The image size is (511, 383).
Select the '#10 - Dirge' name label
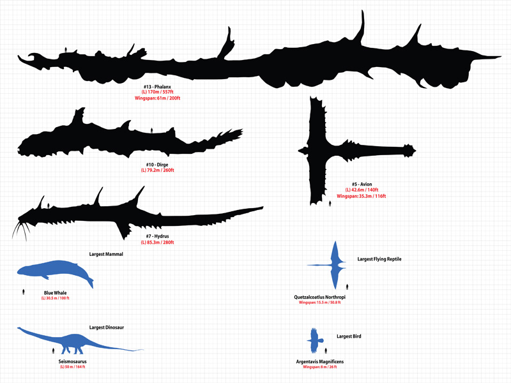[157, 165]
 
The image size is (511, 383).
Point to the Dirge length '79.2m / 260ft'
[157, 170]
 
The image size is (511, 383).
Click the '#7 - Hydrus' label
[157, 237]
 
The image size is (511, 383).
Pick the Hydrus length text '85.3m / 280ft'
[157, 243]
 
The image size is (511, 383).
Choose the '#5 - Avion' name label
[362, 184]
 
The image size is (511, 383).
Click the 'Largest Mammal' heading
[106, 254]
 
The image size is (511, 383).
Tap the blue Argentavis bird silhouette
[314, 339]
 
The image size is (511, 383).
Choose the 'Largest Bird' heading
[349, 336]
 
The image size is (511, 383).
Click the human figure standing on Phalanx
[66, 50]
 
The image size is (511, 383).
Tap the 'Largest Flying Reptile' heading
[379, 259]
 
